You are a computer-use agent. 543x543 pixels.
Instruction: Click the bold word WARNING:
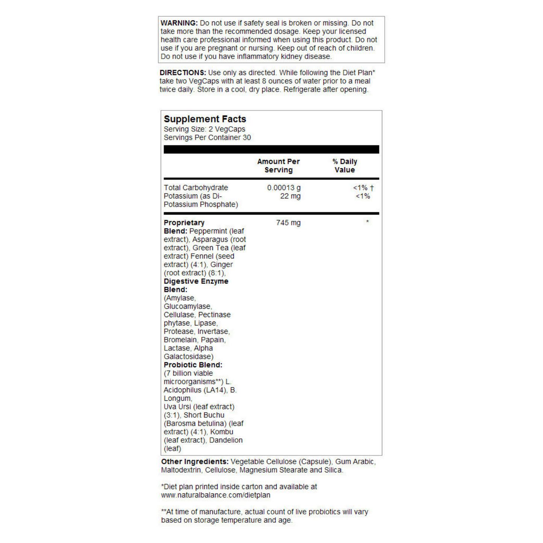coord(179,23)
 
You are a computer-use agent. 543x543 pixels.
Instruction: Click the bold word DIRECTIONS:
coord(183,73)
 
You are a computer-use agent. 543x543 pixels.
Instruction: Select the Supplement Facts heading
coord(205,119)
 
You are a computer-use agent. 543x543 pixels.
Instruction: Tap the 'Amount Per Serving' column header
coord(278,166)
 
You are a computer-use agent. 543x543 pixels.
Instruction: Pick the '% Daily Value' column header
coord(345,166)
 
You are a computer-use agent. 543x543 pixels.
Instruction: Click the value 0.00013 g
coord(284,188)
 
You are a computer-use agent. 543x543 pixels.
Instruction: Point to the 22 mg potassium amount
coord(290,196)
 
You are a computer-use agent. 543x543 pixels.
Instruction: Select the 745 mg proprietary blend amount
coord(288,223)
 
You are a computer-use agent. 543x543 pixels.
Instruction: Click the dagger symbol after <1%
coord(372,188)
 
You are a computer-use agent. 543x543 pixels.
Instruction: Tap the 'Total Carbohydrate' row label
coord(196,188)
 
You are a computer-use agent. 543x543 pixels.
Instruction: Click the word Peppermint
coord(208,231)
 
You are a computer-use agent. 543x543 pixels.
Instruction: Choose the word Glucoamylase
coord(187,307)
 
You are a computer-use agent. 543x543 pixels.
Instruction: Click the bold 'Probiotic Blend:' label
coord(193,365)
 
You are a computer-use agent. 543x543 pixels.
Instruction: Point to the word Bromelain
coord(180,340)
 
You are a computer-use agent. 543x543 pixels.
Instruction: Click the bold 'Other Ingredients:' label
coord(195,462)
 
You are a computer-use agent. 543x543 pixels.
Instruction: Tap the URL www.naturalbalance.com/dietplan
coord(216,495)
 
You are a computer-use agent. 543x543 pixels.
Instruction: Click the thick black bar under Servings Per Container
coord(271,149)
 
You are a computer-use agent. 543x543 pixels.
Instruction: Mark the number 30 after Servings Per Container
coord(247,138)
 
